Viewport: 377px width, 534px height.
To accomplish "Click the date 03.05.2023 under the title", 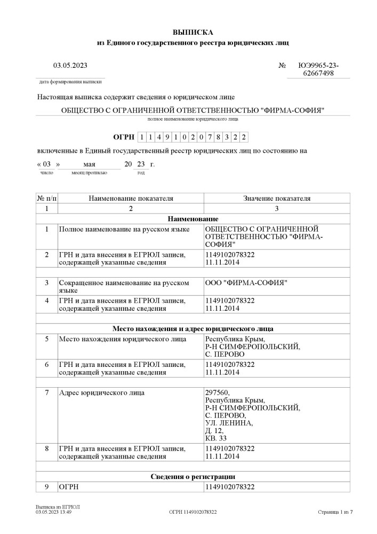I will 70,66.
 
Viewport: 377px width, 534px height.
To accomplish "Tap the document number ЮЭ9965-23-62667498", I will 318,69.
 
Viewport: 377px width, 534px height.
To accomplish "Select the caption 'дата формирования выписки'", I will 70,82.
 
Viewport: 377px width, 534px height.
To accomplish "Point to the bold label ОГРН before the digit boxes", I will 124,137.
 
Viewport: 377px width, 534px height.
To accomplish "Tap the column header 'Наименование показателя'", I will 131,198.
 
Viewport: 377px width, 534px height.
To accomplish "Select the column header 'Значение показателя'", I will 276,198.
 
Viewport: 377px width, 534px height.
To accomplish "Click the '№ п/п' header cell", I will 46,198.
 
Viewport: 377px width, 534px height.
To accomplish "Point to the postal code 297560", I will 216,393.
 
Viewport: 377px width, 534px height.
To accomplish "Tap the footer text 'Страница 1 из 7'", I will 335,512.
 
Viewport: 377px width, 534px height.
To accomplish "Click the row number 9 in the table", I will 46,486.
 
